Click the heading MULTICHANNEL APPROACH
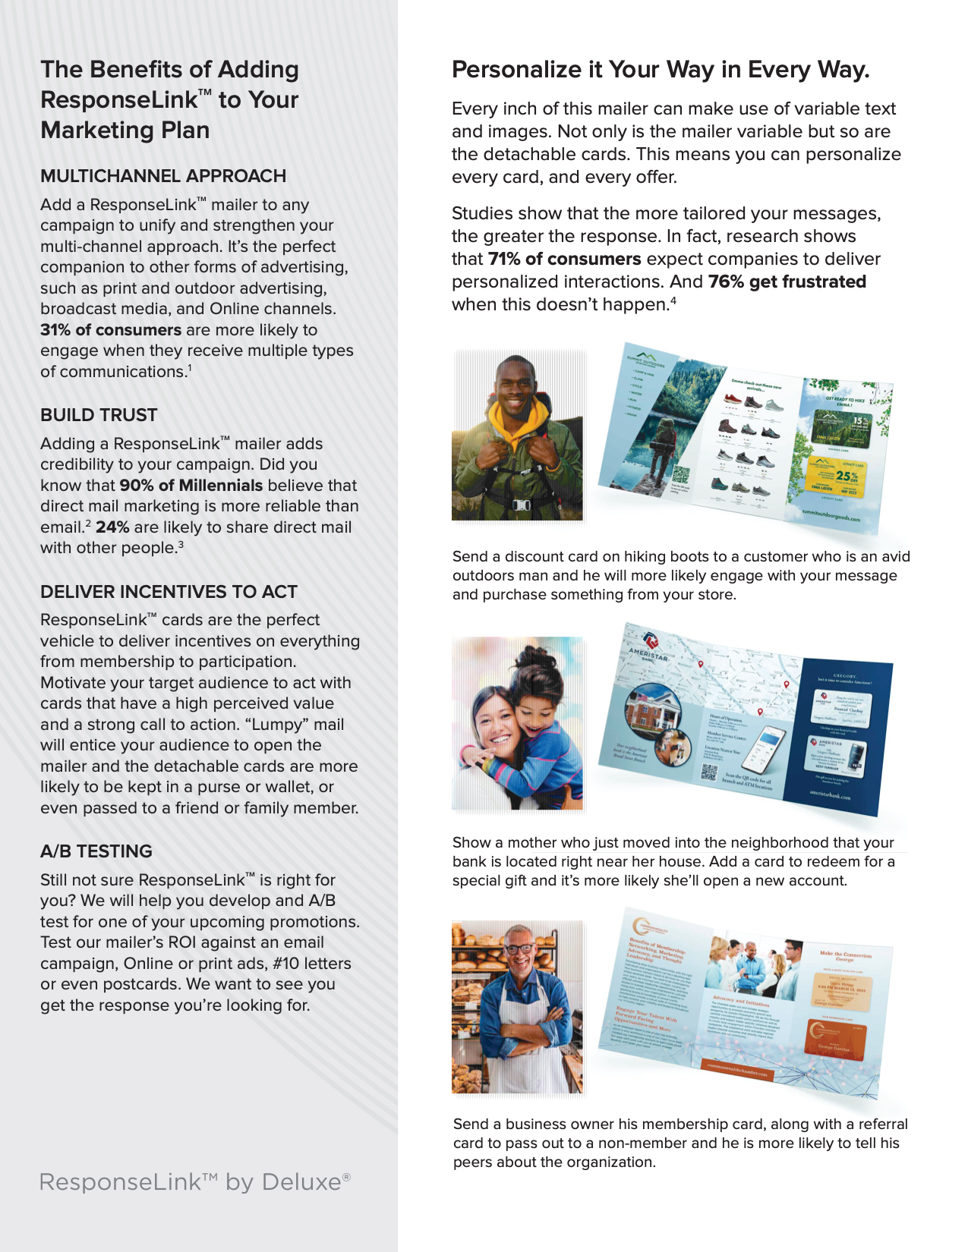pyautogui.click(x=163, y=176)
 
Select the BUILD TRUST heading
pyautogui.click(x=99, y=415)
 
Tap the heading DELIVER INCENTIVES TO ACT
pyautogui.click(x=169, y=592)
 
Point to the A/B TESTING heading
pyautogui.click(x=96, y=851)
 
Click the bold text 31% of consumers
pyautogui.click(x=111, y=330)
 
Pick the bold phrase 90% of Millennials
pyautogui.click(x=191, y=486)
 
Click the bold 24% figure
pyautogui.click(x=112, y=527)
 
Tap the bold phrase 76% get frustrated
pyautogui.click(x=787, y=282)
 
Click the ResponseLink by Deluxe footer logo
pyautogui.click(x=194, y=1182)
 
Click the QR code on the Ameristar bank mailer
pyautogui.click(x=709, y=772)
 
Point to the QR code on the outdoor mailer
pyautogui.click(x=680, y=475)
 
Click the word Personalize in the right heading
pyautogui.click(x=516, y=70)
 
